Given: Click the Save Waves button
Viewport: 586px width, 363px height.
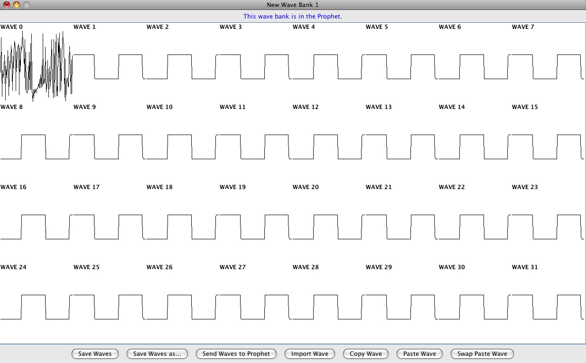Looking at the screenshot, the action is click(95, 354).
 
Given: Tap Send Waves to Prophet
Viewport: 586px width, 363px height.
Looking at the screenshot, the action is click(236, 354).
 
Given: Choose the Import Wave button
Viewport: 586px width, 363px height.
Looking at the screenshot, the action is click(310, 354).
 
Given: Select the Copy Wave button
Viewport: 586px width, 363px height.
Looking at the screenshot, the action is click(366, 354).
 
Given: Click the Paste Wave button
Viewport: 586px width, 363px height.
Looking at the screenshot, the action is click(419, 354).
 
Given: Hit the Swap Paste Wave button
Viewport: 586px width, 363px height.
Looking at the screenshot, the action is click(482, 354).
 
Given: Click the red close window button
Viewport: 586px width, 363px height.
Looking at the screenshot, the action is click(7, 5).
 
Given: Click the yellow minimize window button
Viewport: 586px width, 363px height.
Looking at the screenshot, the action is click(17, 5).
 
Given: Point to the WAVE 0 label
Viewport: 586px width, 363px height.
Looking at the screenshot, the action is click(11, 27).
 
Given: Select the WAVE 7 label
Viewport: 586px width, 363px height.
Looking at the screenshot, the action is click(523, 27).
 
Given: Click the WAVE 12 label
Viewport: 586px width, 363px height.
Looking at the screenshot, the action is click(306, 107).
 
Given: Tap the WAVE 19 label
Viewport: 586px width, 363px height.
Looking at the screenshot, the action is click(233, 187).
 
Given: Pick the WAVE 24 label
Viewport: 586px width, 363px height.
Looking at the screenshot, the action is click(13, 267).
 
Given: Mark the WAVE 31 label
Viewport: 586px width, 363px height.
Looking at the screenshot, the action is click(525, 267).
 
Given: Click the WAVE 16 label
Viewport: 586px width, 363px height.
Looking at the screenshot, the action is click(13, 187).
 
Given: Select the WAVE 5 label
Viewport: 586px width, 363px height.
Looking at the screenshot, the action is click(377, 27).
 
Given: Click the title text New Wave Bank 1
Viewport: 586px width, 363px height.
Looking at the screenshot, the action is click(293, 5).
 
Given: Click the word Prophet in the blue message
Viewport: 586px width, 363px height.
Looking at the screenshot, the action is click(329, 17).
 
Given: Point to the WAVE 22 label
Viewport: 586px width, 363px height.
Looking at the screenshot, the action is click(452, 187).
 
